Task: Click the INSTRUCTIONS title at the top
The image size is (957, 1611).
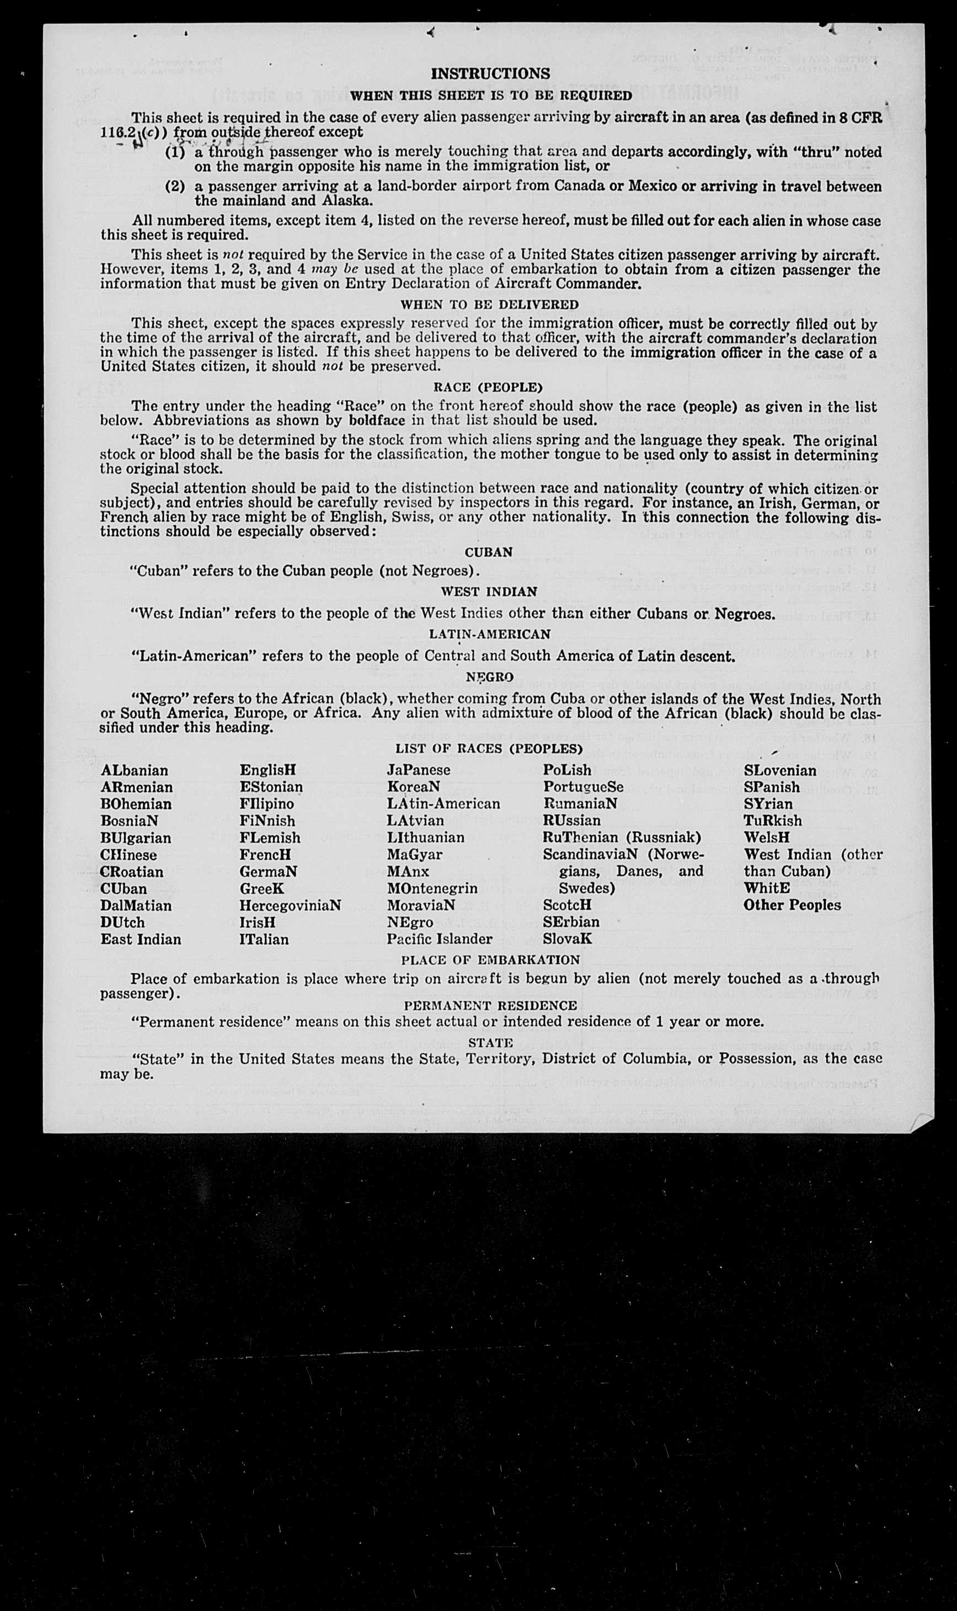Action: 490,73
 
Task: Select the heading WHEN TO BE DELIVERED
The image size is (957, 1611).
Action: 489,304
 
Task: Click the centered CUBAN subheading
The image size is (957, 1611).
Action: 488,552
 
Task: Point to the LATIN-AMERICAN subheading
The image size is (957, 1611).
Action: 489,634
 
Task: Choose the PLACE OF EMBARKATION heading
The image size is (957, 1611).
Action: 490,959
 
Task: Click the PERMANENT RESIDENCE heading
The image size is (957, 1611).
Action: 490,1005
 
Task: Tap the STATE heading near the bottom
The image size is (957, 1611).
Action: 490,1042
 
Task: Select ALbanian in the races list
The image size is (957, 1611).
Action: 134,770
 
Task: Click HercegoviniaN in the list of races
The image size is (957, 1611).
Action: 290,905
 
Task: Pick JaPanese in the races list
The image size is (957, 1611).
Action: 419,770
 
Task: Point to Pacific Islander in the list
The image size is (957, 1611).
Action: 439,938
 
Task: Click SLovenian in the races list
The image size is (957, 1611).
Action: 779,770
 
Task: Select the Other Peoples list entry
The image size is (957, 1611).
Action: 792,905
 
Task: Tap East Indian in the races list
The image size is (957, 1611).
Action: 141,938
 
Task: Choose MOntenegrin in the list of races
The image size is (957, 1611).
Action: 432,888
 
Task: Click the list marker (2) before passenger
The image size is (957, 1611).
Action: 175,186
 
